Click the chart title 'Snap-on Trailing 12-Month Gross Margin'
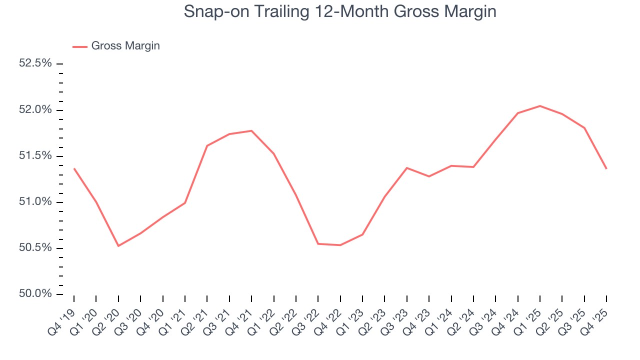tap(340, 11)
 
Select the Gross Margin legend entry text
tap(125, 46)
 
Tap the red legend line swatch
tap(80, 46)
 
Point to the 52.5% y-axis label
tap(35, 63)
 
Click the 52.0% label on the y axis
tap(35, 110)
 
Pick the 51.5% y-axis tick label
tap(35, 156)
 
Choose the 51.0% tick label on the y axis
tap(35, 202)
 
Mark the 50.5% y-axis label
tap(35, 248)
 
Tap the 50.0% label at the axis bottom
tap(35, 294)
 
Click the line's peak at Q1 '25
tap(540, 106)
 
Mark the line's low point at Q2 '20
tap(118, 246)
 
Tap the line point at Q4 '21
tap(251, 131)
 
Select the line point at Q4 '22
tap(340, 245)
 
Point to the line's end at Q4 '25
tap(606, 168)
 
